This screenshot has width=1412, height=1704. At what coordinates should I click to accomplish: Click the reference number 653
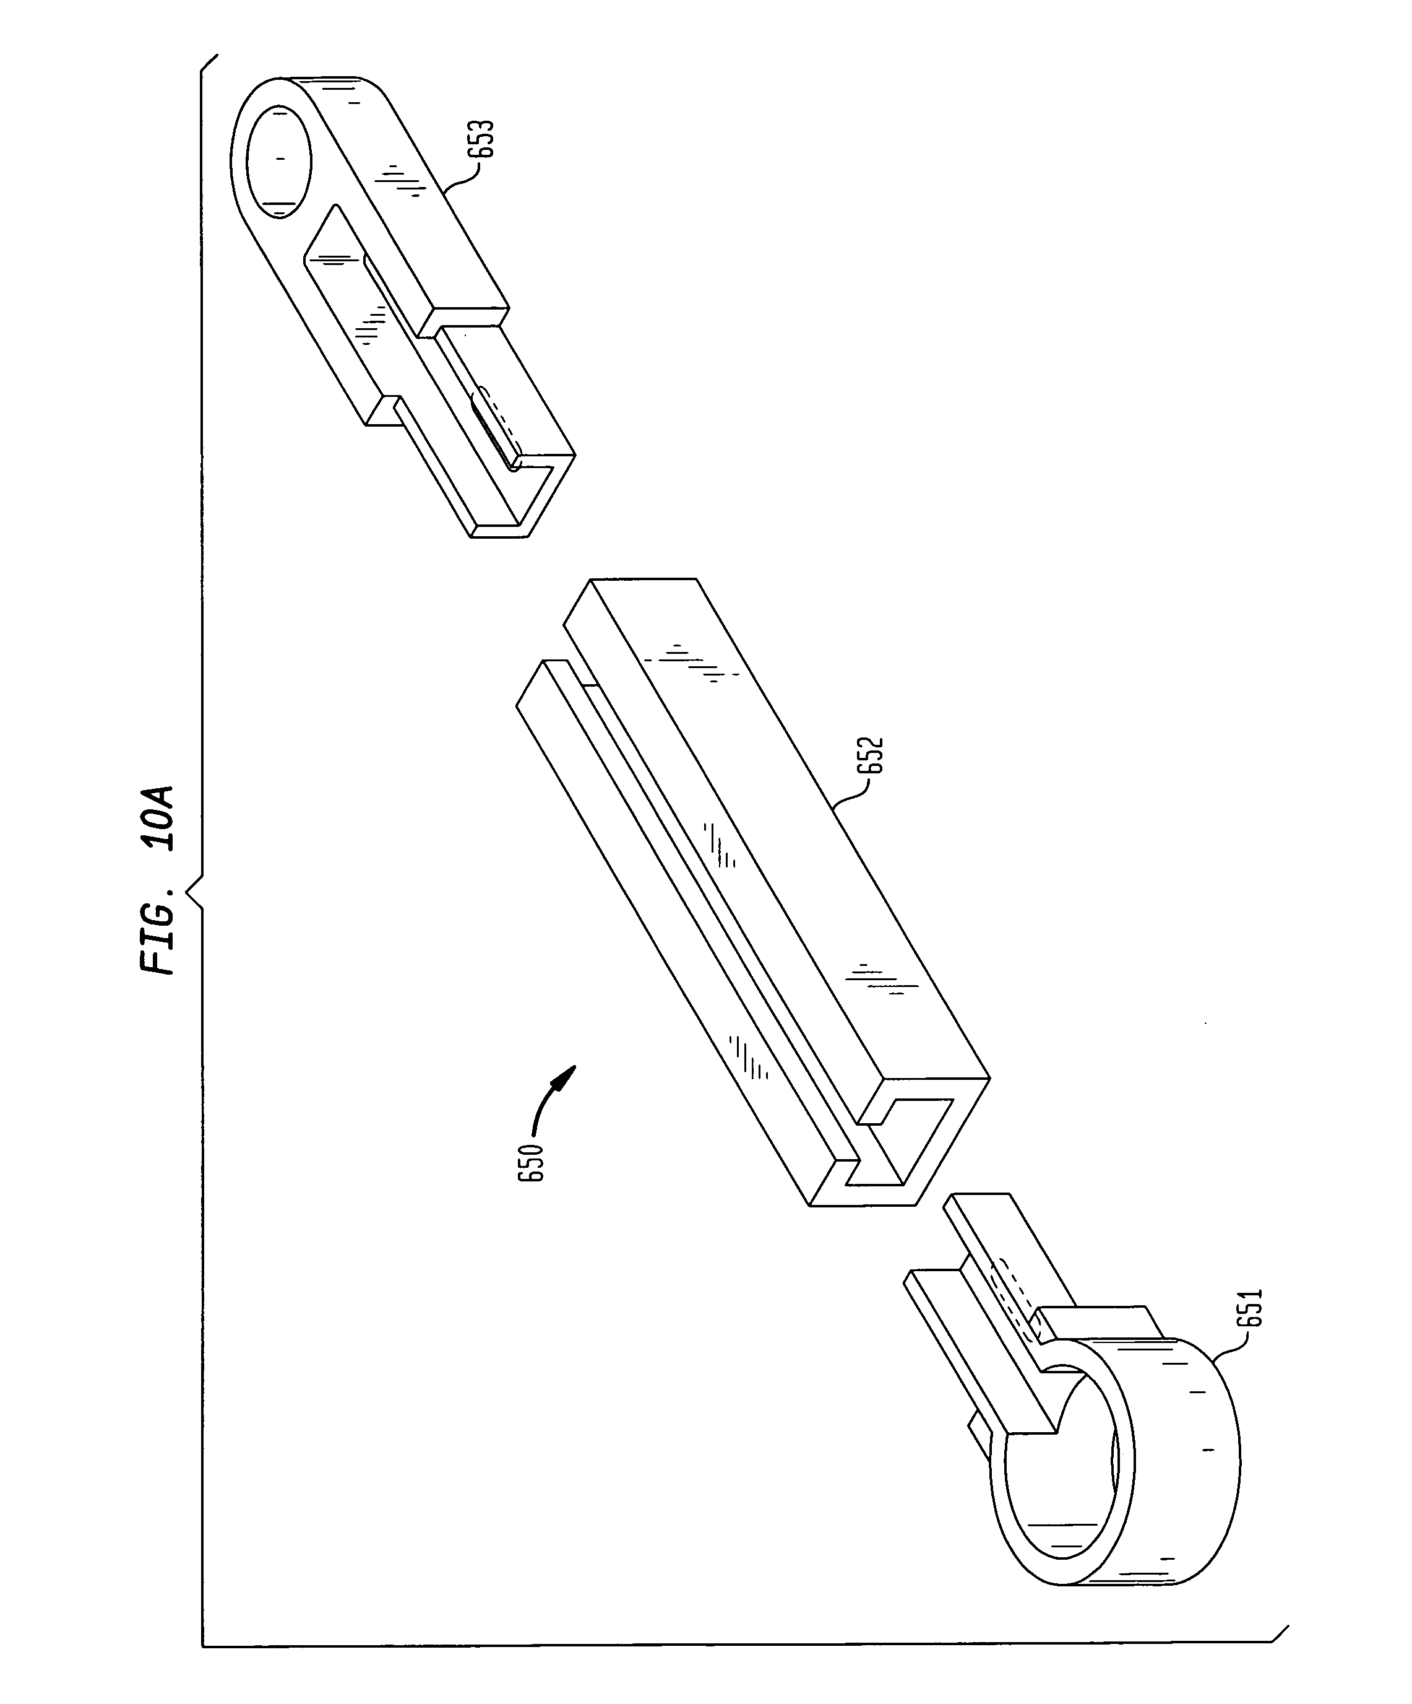pyautogui.click(x=486, y=141)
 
